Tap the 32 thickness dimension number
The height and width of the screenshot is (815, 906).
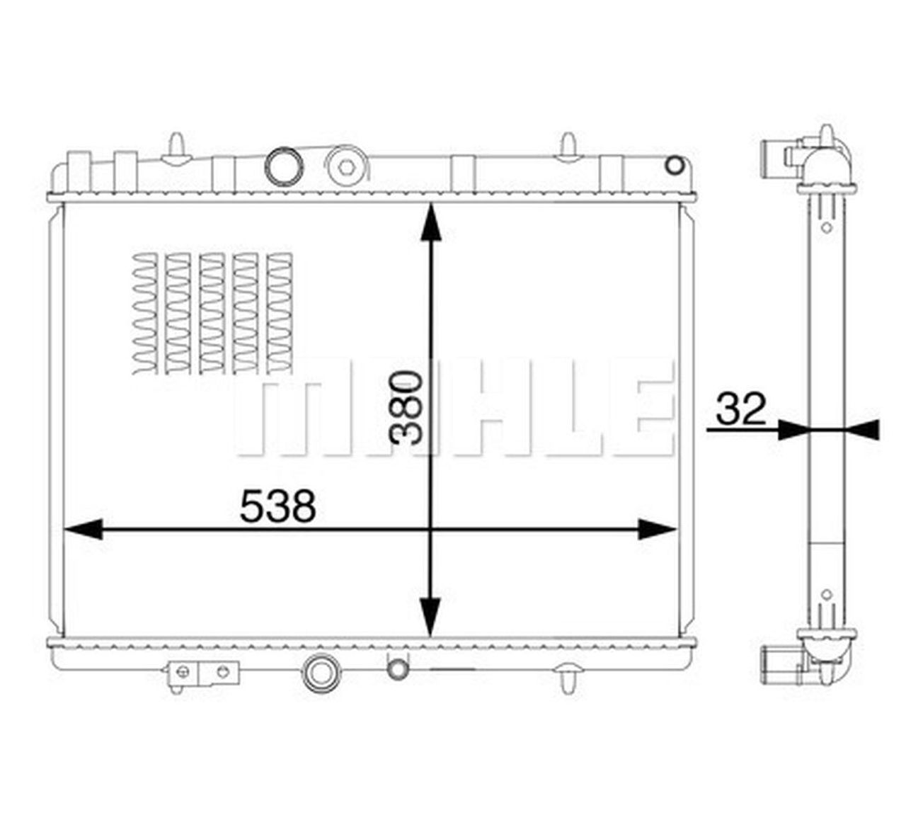click(x=741, y=409)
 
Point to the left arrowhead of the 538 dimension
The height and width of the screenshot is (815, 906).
click(x=84, y=530)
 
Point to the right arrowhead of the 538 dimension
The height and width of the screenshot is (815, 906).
click(x=658, y=530)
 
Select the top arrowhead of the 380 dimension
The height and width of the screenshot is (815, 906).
click(x=431, y=222)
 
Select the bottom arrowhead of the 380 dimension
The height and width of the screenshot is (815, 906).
click(x=431, y=617)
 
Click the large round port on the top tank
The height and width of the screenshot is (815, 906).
click(x=284, y=166)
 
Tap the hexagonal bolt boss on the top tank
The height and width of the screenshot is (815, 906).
click(x=346, y=166)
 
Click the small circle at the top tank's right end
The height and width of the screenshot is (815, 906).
click(x=675, y=166)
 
